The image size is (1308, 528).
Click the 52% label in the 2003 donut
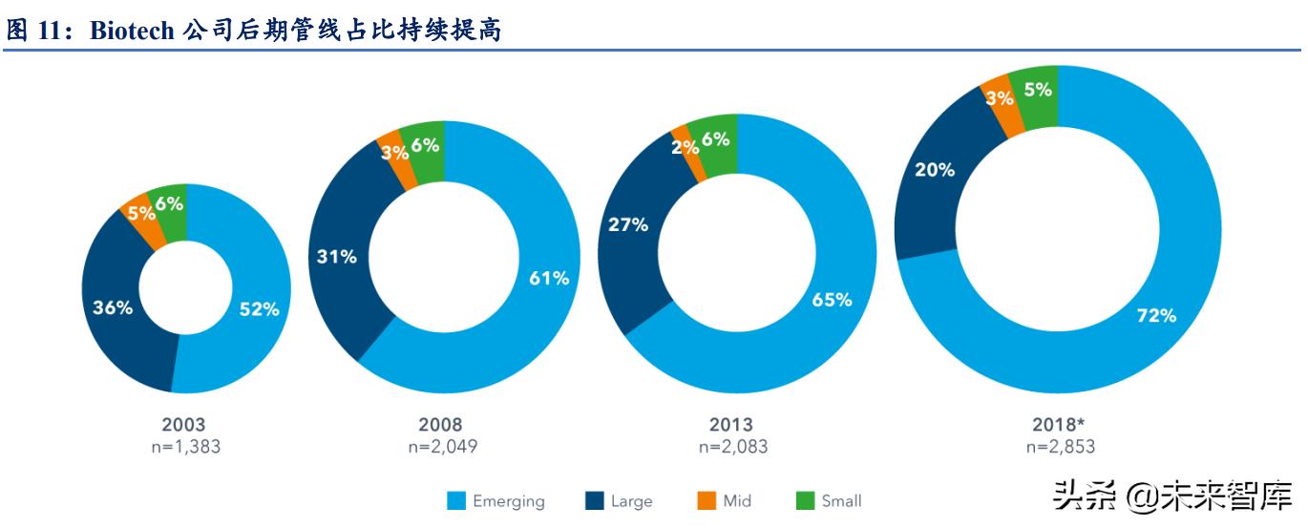coord(259,308)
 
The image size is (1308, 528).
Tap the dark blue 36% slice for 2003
coord(113,307)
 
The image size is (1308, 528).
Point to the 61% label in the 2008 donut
coord(549,278)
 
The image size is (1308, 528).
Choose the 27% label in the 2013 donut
coord(627,225)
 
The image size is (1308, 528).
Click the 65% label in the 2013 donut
coord(831,299)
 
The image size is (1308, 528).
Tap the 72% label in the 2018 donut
coord(1156,315)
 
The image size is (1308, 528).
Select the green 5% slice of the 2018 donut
coord(1038,90)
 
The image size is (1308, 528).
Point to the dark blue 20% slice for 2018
coord(934,170)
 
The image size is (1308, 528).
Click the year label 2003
coord(183,425)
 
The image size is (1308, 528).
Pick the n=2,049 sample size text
coord(442,446)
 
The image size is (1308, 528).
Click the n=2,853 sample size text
coord(1060,446)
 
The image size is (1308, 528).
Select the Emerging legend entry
coord(496,501)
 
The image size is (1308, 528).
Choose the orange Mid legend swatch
coord(707,500)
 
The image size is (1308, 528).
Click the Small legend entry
coord(828,501)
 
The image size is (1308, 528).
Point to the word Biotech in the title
coord(131,31)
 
